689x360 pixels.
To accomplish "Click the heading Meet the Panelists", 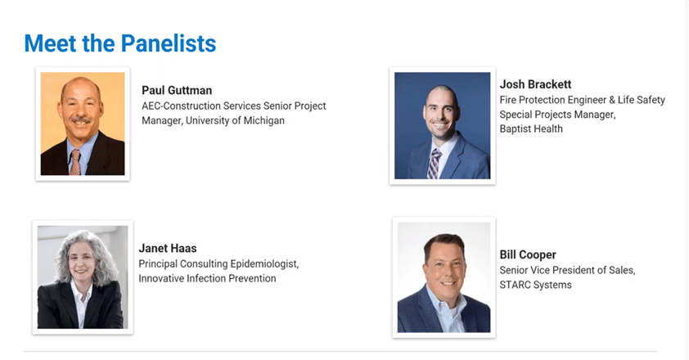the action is coord(120,43).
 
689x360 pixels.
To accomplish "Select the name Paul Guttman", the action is coord(177,90).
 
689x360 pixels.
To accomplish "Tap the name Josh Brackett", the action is coord(535,84).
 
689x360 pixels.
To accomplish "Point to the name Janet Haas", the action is coord(168,248).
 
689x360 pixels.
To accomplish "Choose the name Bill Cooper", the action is coord(528,254).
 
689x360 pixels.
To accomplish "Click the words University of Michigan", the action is coord(235,120).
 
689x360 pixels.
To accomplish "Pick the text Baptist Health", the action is coord(531,128).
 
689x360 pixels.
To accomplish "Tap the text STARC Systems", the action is coord(535,285).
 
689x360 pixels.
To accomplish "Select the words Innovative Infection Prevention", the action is coord(207,278).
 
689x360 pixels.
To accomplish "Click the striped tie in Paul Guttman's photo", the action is coord(75,162).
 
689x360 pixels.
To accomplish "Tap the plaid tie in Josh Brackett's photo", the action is coord(434,164).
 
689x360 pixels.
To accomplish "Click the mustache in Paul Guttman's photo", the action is coord(80,119).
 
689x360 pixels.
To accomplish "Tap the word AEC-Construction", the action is coord(181,106).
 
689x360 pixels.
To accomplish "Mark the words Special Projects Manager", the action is coord(557,115).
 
